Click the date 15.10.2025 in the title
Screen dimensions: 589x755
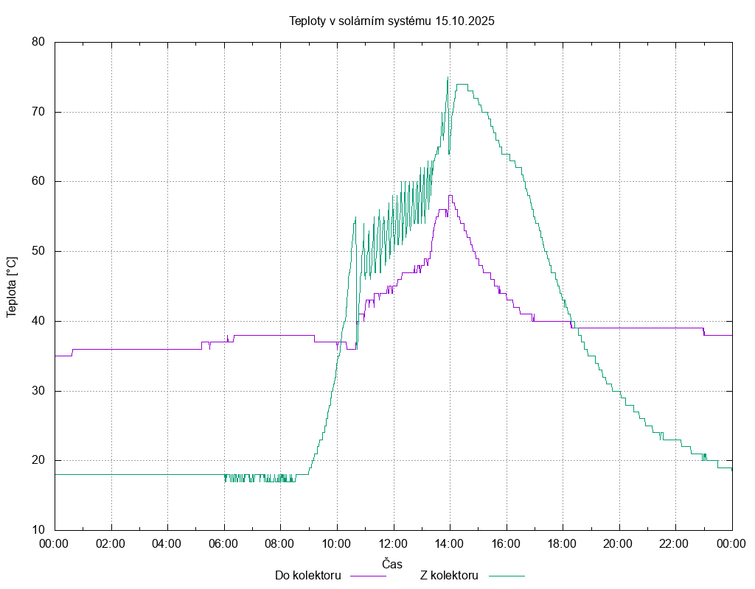coord(465,21)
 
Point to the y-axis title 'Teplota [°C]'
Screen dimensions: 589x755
coord(12,286)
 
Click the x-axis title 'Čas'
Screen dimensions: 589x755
coord(392,564)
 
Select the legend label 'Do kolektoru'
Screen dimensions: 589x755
coord(307,575)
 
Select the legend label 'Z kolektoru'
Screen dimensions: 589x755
coord(450,575)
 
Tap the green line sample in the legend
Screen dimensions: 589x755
coord(505,576)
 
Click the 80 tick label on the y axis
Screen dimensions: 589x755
coord(39,43)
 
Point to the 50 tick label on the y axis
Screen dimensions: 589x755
coord(39,251)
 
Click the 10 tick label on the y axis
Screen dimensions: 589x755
coord(39,530)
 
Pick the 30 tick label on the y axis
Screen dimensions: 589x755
coord(39,391)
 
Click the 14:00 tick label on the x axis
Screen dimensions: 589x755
coord(450,543)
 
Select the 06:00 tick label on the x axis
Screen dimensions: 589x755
coord(224,543)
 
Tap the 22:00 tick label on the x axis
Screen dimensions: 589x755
coord(675,543)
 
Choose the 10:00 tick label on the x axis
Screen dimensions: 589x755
coord(337,543)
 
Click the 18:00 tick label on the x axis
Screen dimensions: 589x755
coord(563,543)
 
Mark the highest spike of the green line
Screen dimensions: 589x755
coord(448,77)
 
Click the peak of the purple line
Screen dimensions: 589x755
coord(450,196)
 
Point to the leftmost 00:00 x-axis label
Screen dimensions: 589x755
coord(55,543)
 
